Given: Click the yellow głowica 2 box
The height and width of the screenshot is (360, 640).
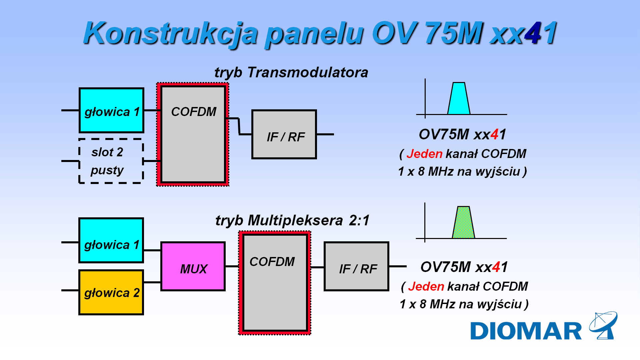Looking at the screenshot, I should (x=111, y=292).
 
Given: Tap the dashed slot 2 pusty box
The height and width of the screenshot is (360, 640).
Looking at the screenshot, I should (x=111, y=161).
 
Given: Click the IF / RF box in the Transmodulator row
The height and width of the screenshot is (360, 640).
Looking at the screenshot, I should (x=284, y=134).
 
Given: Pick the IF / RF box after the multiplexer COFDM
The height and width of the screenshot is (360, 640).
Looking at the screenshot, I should (x=356, y=267).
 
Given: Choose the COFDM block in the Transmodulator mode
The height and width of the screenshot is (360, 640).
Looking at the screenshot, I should (x=193, y=134).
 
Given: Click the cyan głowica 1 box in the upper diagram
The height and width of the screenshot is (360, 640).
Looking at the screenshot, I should (x=111, y=110).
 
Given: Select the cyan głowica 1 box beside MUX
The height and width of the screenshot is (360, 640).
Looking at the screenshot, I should (x=111, y=240).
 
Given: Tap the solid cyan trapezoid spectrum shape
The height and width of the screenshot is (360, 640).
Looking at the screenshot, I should (x=459, y=99).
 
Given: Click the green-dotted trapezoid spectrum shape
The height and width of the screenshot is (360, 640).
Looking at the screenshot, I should (x=463, y=223).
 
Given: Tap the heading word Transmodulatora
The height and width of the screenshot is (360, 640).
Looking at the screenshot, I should (x=308, y=72).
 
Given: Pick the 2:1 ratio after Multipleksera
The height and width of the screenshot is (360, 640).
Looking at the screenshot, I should (x=359, y=220).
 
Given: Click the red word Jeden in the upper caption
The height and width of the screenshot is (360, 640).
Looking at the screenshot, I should (x=424, y=154).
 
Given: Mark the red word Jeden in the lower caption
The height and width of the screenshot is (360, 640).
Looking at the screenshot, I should (x=426, y=286).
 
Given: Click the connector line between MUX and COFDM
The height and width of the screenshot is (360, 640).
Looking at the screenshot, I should (x=232, y=266).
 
